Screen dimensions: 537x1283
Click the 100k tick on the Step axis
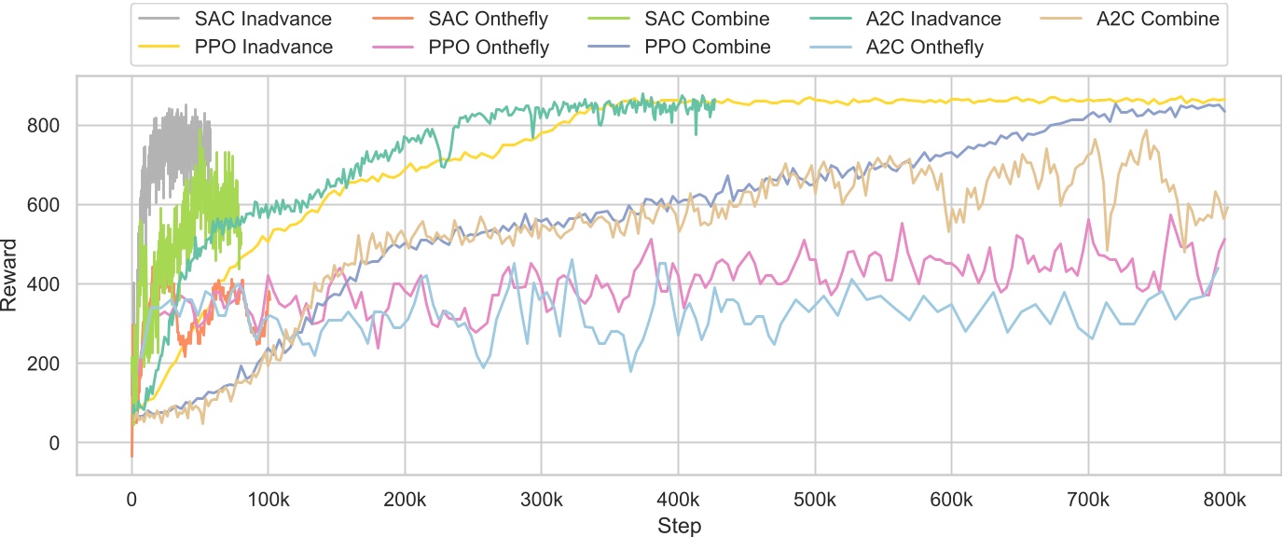(x=268, y=500)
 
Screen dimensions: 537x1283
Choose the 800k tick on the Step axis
(x=1224, y=500)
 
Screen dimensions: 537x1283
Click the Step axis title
(x=678, y=524)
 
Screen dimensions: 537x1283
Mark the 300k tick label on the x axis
(x=541, y=500)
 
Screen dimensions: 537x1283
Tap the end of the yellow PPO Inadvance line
(x=1224, y=100)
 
